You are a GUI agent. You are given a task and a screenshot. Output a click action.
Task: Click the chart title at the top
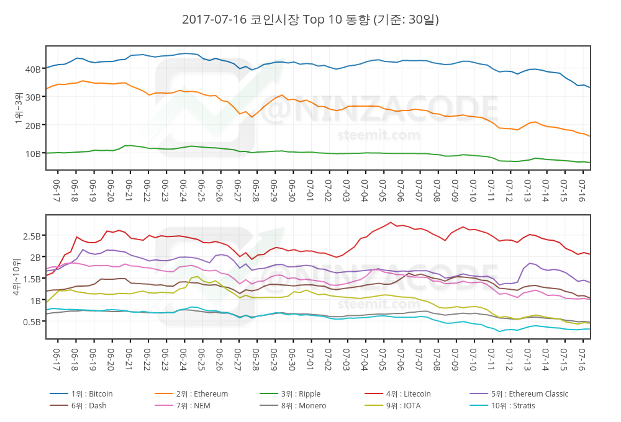[310, 20]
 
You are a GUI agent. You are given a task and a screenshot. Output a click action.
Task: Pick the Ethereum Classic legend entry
[529, 394]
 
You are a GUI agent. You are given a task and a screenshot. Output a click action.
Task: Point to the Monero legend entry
[303, 406]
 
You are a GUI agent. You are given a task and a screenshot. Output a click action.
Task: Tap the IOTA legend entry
[405, 406]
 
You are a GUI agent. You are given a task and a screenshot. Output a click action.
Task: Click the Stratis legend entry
[512, 406]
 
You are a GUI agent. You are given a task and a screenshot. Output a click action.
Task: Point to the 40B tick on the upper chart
[33, 69]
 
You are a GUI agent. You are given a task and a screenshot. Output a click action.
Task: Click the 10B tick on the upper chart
[33, 153]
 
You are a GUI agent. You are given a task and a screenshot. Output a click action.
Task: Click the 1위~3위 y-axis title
[18, 108]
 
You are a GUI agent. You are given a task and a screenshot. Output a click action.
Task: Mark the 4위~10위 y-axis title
[18, 277]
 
